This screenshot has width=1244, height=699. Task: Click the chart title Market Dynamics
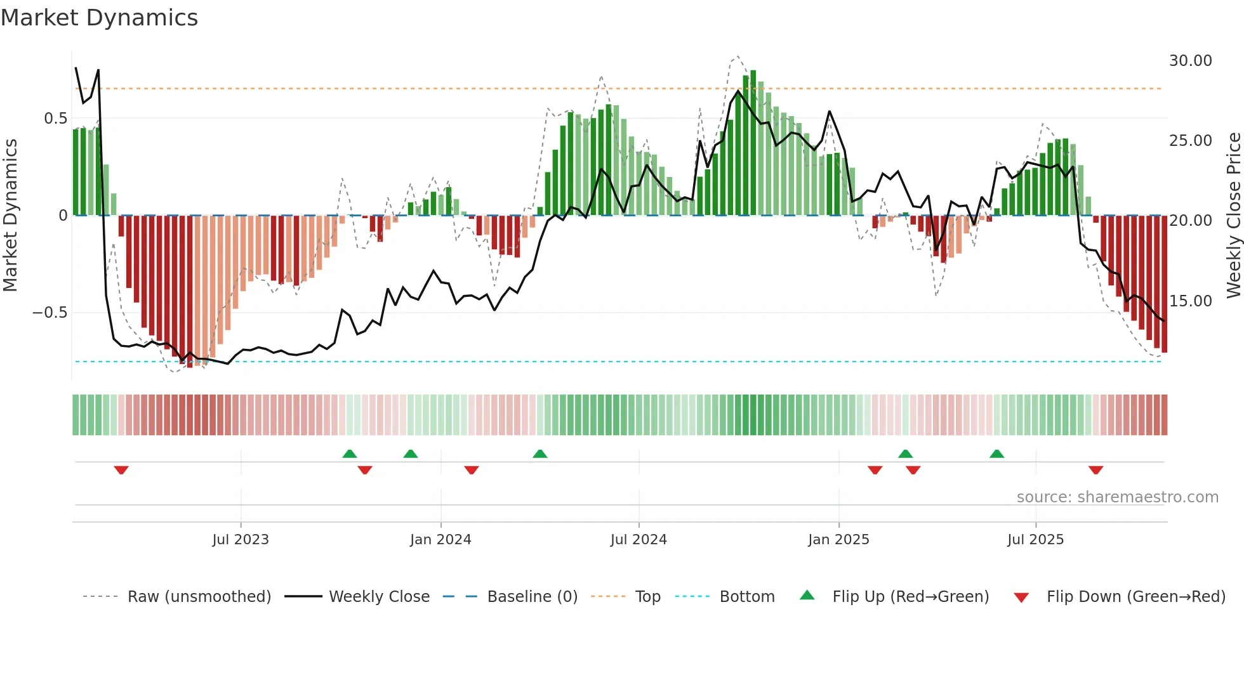pyautogui.click(x=99, y=18)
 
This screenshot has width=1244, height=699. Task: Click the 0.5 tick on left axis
pyautogui.click(x=55, y=119)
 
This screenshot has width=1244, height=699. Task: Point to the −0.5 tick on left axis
pyautogui.click(x=50, y=313)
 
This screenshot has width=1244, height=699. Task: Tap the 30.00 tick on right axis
pyautogui.click(x=1190, y=61)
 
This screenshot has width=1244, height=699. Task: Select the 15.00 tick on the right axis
pyautogui.click(x=1190, y=301)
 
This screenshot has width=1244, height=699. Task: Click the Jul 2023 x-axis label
pyautogui.click(x=241, y=540)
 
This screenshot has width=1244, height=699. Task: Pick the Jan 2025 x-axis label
pyautogui.click(x=838, y=540)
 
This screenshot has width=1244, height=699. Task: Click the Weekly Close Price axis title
pyautogui.click(x=1233, y=216)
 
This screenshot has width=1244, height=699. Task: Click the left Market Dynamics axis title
pyautogui.click(x=10, y=216)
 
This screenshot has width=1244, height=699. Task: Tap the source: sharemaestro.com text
pyautogui.click(x=1117, y=497)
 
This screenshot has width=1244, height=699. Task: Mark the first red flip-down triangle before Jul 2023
pyautogui.click(x=121, y=470)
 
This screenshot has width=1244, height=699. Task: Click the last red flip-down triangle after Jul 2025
pyautogui.click(x=1095, y=470)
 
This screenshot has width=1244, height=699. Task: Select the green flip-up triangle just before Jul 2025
pyautogui.click(x=996, y=454)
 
